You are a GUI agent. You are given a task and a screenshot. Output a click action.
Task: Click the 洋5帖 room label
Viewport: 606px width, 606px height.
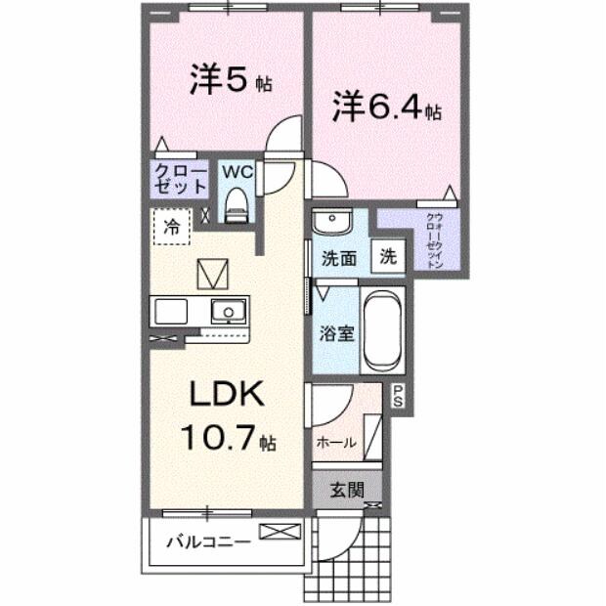231,81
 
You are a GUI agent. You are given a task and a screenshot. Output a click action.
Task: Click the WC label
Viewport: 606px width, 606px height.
238,172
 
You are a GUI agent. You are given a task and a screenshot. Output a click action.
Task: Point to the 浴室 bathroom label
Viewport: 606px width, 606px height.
337,331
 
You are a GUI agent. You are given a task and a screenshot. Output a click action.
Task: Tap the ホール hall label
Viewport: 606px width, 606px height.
335,442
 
